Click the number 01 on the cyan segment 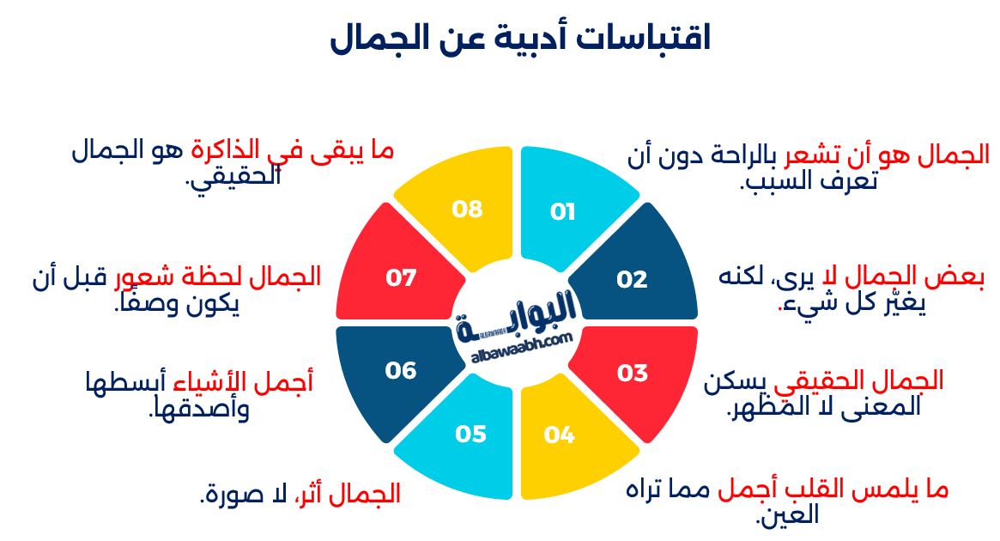(562, 212)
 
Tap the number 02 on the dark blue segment (632, 279)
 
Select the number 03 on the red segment (632, 373)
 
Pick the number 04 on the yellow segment (559, 435)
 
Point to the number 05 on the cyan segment (471, 435)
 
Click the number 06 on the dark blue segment (401, 370)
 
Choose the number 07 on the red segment (401, 278)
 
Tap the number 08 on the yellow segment (468, 209)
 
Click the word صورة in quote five (234, 495)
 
